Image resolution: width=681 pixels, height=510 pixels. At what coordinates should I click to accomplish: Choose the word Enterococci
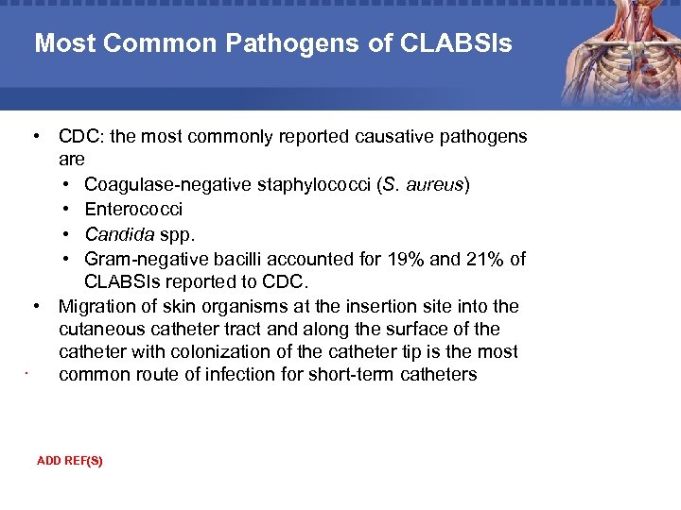pos(133,209)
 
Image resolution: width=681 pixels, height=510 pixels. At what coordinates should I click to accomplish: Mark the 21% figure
pos(489,258)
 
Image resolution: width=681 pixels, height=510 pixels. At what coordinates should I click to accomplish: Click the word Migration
pos(96,306)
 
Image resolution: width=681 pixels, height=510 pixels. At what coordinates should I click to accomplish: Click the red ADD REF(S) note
pos(69,461)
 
